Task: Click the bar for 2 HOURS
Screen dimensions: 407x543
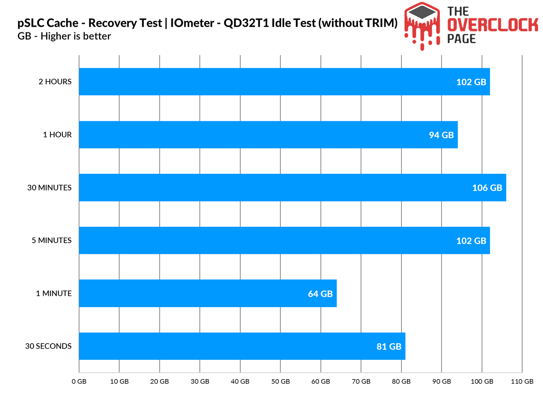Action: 284,81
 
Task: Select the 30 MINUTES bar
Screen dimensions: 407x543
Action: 293,187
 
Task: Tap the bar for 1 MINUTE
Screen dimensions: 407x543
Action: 208,293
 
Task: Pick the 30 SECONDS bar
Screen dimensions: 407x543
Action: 242,346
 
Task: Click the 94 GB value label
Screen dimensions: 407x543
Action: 441,135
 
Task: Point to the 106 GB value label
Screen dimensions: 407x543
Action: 487,188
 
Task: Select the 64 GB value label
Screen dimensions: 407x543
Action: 320,294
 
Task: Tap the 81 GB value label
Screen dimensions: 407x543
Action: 389,347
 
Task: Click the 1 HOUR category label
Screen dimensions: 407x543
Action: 57,135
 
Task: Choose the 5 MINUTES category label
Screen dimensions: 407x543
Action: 52,240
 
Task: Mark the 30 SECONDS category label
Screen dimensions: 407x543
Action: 48,346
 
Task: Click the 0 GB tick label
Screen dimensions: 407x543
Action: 79,382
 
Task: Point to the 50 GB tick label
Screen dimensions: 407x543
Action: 280,382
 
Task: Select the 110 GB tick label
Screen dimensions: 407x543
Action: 522,382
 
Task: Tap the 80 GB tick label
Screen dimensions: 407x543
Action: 401,382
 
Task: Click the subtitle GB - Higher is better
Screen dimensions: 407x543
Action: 64,36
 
